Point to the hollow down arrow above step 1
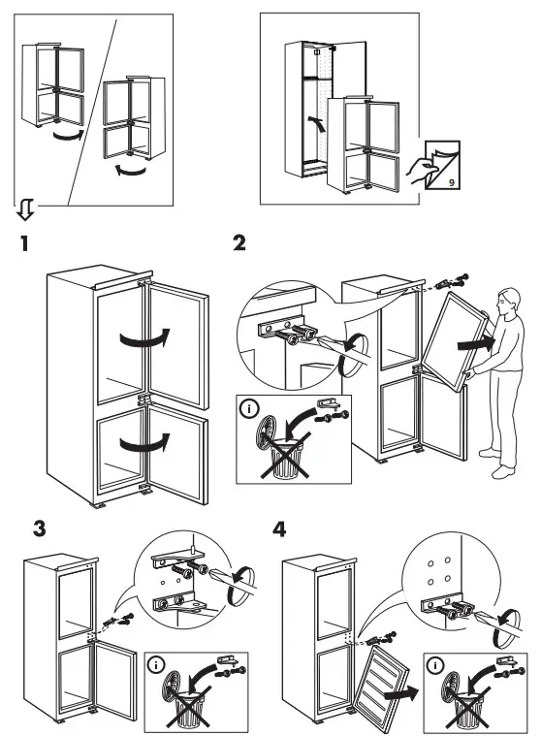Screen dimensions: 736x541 (26, 208)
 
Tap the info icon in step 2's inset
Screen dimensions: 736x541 (253, 408)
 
